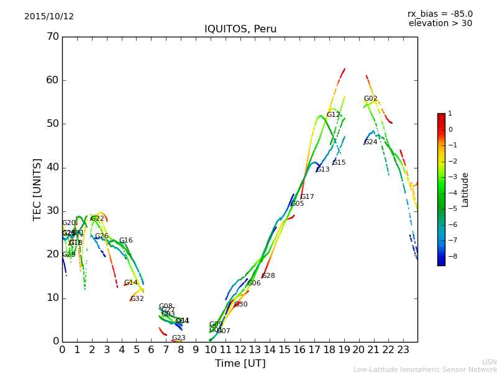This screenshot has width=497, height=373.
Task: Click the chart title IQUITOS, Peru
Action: [x=240, y=29]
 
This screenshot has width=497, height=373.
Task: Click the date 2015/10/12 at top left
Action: [x=49, y=17]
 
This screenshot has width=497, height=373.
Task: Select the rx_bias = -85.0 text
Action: [x=440, y=14]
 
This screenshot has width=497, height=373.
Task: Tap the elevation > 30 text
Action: [x=440, y=24]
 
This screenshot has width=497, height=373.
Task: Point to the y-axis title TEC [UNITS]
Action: [x=37, y=189]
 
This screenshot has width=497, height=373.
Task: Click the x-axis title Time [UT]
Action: [x=240, y=364]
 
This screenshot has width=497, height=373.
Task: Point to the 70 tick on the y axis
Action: [x=53, y=37]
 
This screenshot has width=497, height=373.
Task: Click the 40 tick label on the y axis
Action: [x=53, y=167]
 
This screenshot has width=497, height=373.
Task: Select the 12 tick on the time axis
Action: [x=240, y=350]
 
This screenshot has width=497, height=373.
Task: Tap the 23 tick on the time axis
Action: [x=403, y=350]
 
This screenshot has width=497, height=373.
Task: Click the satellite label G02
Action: [x=371, y=99]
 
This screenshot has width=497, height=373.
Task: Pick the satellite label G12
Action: [x=334, y=115]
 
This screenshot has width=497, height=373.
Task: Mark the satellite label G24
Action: [x=371, y=142]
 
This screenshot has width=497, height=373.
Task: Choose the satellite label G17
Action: [x=308, y=197]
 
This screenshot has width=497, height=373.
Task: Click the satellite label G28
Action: [x=268, y=276]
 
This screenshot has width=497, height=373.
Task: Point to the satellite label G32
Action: [x=137, y=299]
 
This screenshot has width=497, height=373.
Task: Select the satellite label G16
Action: [x=126, y=241]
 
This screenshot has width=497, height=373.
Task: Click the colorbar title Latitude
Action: [x=465, y=190]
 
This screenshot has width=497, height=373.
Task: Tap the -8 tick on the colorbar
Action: [x=450, y=256]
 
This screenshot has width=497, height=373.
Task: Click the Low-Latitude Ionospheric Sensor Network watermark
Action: [x=425, y=370]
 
